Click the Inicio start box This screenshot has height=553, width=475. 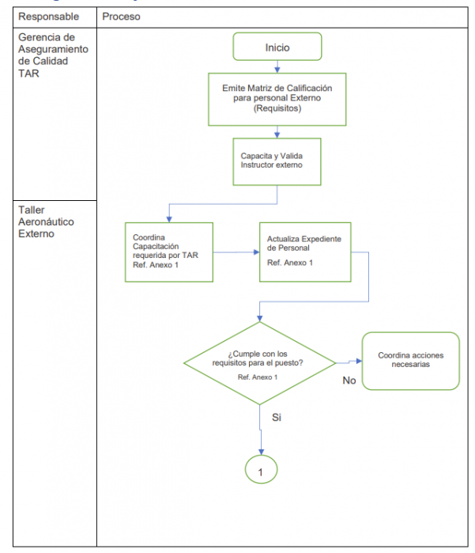click(x=277, y=47)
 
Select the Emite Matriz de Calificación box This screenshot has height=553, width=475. click(x=277, y=99)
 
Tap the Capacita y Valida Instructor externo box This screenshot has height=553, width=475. click(x=277, y=161)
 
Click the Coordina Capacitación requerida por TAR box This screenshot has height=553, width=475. click(x=169, y=252)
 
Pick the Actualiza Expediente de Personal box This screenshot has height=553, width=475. click(x=305, y=252)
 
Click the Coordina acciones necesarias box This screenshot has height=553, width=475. click(x=410, y=361)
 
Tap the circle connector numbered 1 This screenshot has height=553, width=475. click(x=260, y=469)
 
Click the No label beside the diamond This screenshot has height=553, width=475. click(x=349, y=381)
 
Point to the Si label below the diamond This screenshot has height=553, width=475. click(x=277, y=416)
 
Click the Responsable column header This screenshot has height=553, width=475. click(x=49, y=17)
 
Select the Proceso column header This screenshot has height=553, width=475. click(x=121, y=17)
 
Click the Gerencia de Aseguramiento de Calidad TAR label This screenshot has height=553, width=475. click(x=48, y=54)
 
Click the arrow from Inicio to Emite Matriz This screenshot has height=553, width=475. click(x=277, y=66)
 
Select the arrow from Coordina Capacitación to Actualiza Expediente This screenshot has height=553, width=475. click(x=236, y=252)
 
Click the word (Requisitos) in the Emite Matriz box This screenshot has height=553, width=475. click(x=277, y=109)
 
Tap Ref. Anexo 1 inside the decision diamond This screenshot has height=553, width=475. click(x=258, y=377)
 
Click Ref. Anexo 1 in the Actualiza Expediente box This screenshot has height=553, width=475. click(x=289, y=263)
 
